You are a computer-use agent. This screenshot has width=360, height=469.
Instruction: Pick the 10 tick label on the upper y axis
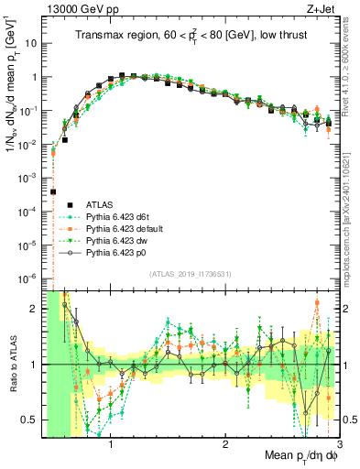tap(31, 43)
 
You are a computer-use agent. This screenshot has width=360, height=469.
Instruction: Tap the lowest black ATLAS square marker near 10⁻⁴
tap(53, 191)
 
